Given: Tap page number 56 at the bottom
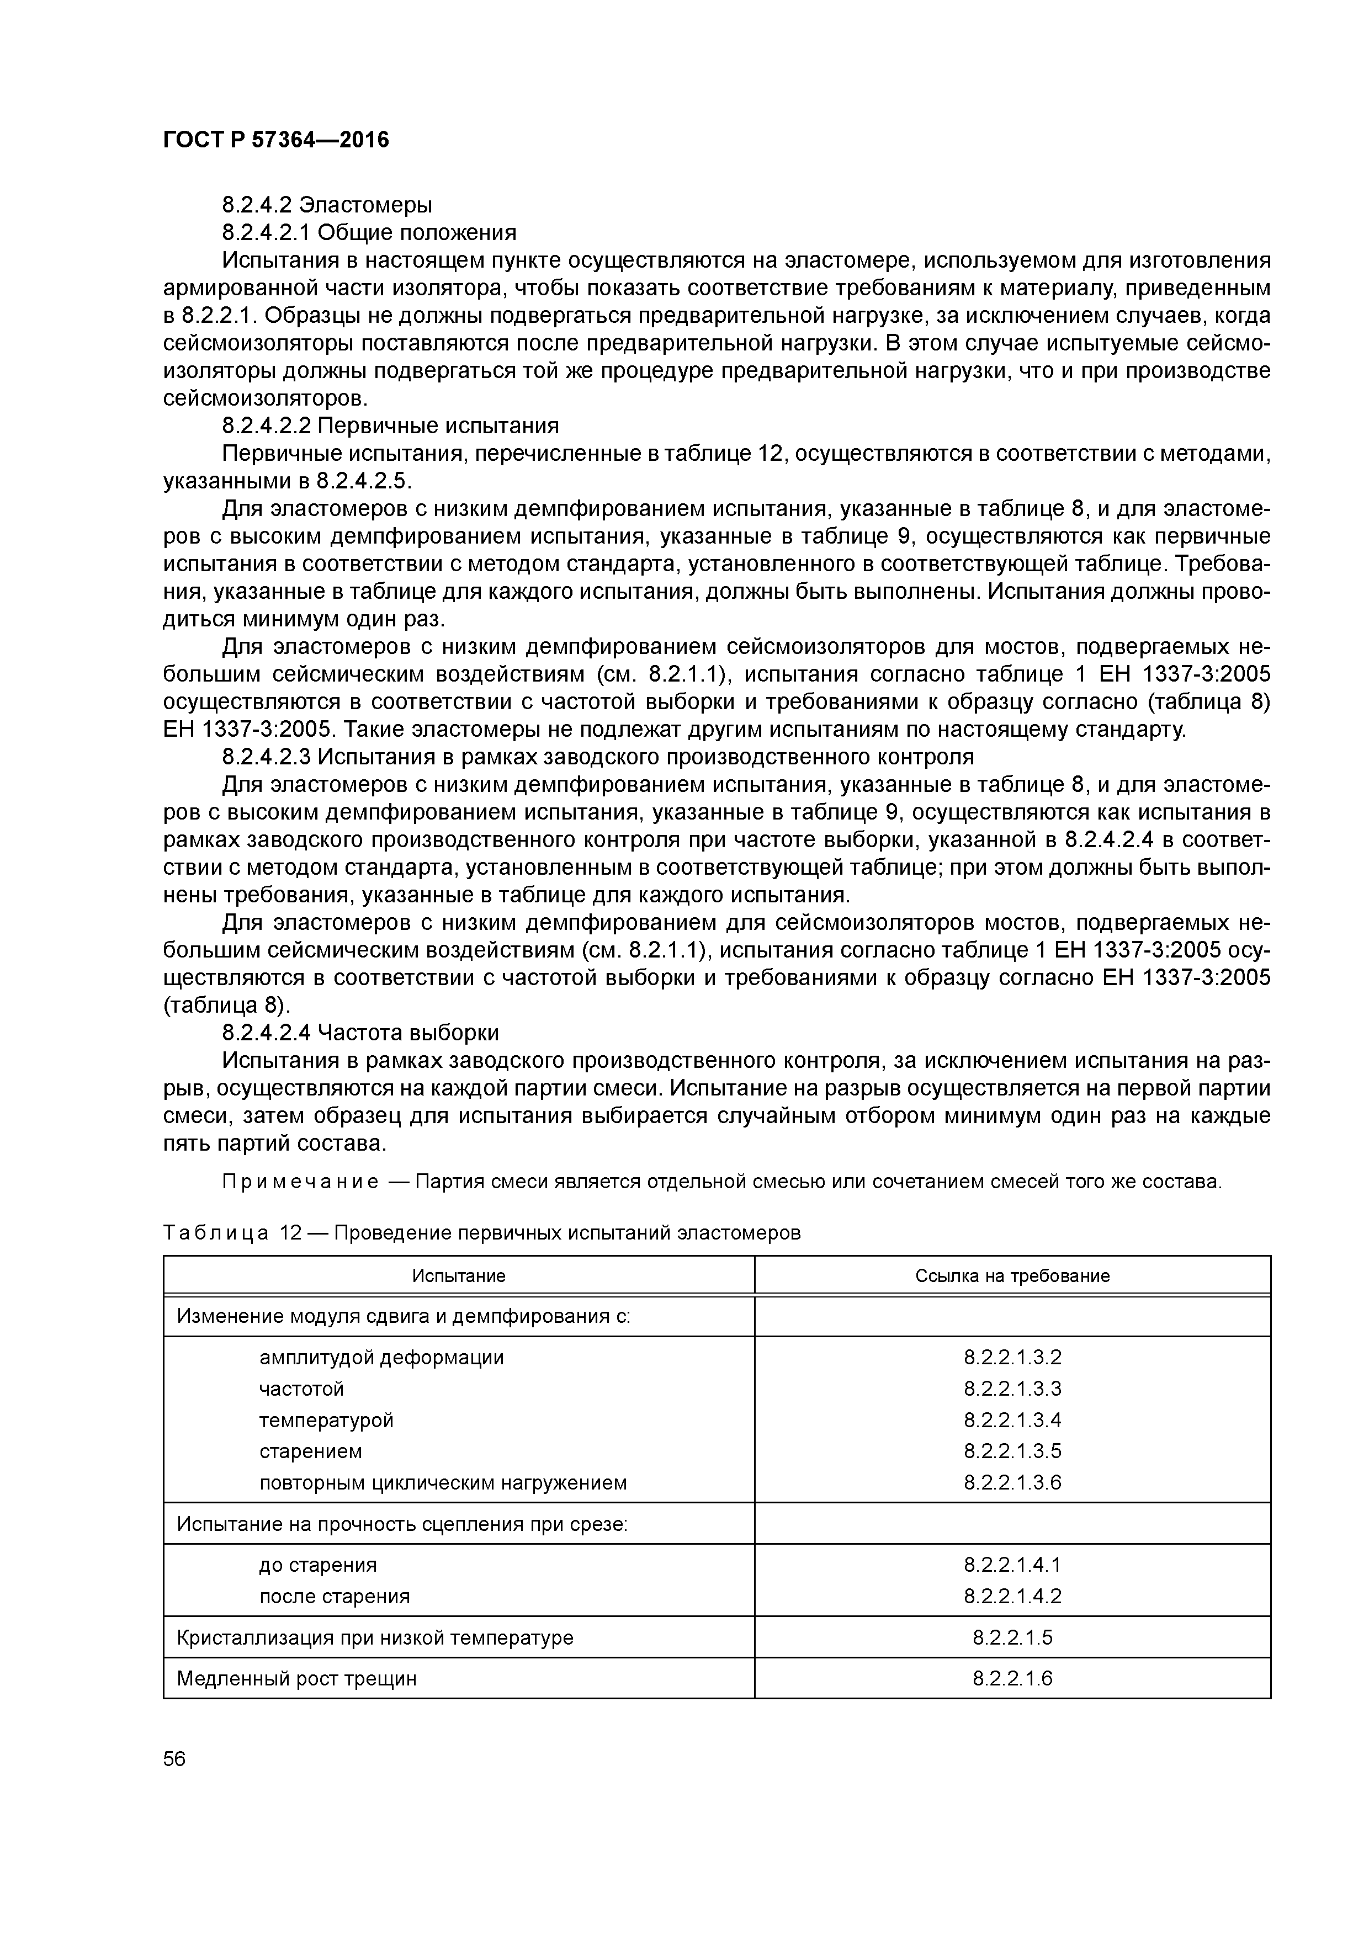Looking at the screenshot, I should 174,1759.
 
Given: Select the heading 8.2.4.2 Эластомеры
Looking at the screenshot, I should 327,205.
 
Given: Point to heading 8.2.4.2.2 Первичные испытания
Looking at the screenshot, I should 390,425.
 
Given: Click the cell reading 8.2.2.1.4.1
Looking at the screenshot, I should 1012,1565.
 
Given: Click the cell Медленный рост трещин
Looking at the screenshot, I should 297,1678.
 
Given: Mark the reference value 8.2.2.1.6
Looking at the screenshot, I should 1012,1678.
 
